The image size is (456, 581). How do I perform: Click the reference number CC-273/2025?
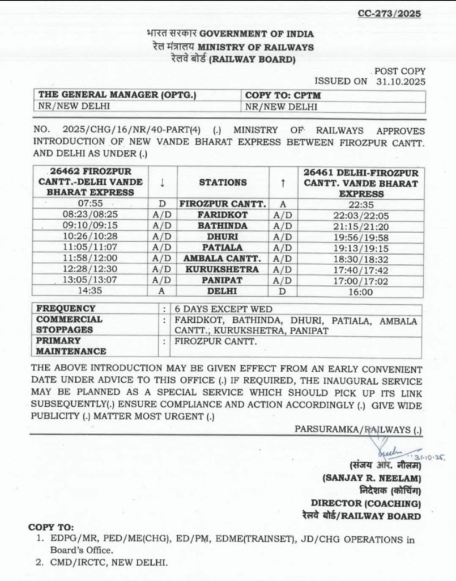click(389, 14)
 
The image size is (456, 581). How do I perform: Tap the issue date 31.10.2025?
click(400, 81)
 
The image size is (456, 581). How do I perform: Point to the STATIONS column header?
click(223, 183)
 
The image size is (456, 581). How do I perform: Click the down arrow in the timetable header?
click(162, 183)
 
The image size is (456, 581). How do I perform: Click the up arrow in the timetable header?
click(283, 183)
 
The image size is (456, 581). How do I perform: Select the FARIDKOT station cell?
click(223, 215)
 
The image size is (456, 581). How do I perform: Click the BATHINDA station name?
click(223, 226)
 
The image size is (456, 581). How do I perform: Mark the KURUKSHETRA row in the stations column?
click(223, 270)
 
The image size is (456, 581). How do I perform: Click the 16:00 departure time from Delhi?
click(361, 292)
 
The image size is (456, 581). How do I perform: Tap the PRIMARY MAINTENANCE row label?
click(71, 346)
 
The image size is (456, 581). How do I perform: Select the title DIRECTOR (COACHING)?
click(365, 503)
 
